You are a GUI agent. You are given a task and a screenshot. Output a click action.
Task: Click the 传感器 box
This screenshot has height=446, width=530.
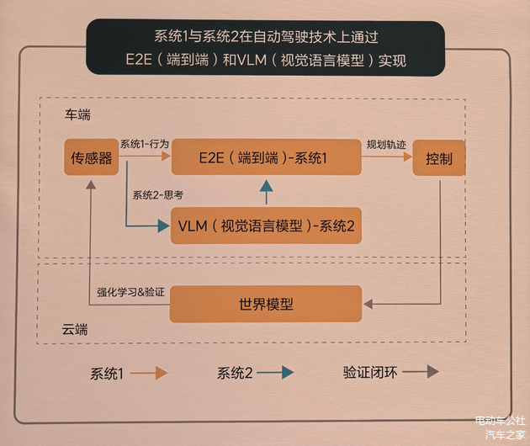[x=91, y=157]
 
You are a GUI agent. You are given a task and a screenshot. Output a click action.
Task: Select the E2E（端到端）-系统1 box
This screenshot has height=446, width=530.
[x=267, y=157]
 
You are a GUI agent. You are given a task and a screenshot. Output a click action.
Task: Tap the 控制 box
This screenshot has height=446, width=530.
[x=439, y=158]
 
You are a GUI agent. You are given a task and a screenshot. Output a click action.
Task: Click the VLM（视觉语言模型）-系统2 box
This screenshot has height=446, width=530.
[x=266, y=226]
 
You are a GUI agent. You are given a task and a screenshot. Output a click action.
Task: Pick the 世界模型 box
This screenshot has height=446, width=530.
[x=266, y=304]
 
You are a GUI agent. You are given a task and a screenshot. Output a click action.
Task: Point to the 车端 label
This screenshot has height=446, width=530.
[x=77, y=115]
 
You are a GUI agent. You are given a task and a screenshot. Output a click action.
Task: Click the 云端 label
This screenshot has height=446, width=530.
[x=75, y=329]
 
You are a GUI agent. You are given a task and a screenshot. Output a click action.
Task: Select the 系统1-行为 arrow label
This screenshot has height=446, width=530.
[x=145, y=144]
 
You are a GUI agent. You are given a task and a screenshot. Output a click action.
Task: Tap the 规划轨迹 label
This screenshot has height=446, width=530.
[x=386, y=145]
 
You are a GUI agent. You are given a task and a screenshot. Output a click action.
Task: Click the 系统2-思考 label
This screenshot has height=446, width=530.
[x=157, y=195]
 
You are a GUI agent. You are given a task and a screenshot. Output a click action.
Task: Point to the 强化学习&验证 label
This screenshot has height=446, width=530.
[x=130, y=292]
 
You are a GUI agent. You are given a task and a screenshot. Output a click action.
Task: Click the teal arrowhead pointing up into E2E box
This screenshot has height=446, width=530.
[x=267, y=186]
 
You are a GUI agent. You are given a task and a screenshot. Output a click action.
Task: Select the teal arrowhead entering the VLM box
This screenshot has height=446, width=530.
[x=163, y=226]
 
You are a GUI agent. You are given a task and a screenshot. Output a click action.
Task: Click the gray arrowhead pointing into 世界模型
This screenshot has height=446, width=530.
[x=368, y=304]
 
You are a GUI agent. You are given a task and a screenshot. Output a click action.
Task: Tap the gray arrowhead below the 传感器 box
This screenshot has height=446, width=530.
[x=91, y=184]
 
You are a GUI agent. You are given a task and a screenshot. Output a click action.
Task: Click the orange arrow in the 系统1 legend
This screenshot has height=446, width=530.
[x=149, y=374]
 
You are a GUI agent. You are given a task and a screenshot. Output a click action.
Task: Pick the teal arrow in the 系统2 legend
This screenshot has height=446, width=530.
[x=275, y=373]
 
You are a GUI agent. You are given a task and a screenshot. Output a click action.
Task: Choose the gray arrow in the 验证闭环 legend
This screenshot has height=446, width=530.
[x=421, y=372]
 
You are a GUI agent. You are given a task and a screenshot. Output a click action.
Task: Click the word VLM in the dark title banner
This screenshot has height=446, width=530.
[x=252, y=61]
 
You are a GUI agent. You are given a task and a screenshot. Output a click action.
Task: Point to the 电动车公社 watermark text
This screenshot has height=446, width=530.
[x=501, y=421]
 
